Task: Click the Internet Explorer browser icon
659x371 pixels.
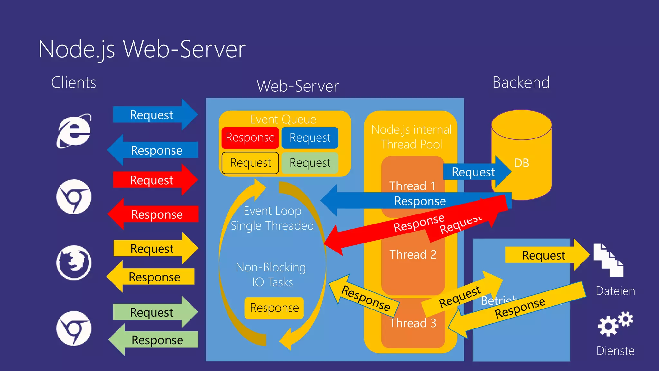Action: (74, 131)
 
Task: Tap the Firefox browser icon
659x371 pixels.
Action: (74, 262)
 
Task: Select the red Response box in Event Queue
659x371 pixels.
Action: (250, 138)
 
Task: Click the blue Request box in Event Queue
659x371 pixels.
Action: (310, 138)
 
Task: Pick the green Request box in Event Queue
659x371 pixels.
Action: (310, 163)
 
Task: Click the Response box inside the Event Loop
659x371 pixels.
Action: (274, 308)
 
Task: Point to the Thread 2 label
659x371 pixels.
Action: (413, 255)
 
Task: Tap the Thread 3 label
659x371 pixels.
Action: (413, 323)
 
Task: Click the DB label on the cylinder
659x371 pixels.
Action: (521, 163)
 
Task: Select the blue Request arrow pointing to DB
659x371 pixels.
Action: (473, 172)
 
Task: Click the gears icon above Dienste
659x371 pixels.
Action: (615, 324)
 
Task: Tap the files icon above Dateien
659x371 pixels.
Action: (608, 260)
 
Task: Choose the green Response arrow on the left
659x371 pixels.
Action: (157, 340)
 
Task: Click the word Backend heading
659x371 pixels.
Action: (521, 82)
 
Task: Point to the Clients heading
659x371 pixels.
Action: (74, 82)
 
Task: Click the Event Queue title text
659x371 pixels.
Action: (283, 119)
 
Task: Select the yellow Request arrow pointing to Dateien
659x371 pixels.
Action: (543, 255)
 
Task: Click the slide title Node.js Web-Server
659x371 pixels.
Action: (142, 49)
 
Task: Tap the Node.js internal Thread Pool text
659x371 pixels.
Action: (411, 137)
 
